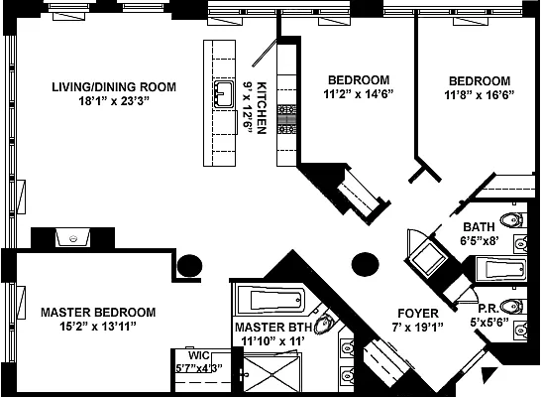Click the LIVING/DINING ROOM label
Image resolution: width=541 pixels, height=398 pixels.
pyautogui.click(x=114, y=86)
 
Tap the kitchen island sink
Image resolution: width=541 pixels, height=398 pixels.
pyautogui.click(x=224, y=93)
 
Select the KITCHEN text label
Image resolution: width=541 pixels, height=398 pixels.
pyautogui.click(x=262, y=108)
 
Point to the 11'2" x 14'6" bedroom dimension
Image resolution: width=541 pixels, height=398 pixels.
pyautogui.click(x=359, y=94)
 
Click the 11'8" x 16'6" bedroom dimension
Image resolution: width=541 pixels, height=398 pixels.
pyautogui.click(x=480, y=94)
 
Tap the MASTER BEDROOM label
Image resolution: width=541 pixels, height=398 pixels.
pyautogui.click(x=98, y=313)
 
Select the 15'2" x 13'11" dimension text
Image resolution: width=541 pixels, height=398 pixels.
pyautogui.click(x=98, y=327)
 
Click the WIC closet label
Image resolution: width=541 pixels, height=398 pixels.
pyautogui.click(x=199, y=355)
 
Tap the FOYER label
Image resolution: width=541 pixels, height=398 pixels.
pyautogui.click(x=418, y=314)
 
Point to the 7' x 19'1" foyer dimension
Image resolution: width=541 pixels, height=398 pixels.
pyautogui.click(x=417, y=327)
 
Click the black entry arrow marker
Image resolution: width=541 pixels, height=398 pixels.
pyautogui.click(x=488, y=373)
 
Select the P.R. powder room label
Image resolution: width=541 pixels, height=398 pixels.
pyautogui.click(x=488, y=308)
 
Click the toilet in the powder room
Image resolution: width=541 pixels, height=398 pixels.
pyautogui.click(x=512, y=307)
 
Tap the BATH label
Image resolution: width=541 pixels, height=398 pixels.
pyautogui.click(x=479, y=227)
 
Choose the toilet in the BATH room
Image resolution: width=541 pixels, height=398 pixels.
pyautogui.click(x=512, y=220)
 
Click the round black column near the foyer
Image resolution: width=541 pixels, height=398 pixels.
pyautogui.click(x=366, y=264)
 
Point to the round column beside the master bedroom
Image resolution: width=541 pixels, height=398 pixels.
pyautogui.click(x=189, y=266)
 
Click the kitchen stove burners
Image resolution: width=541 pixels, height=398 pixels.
pyautogui.click(x=286, y=119)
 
